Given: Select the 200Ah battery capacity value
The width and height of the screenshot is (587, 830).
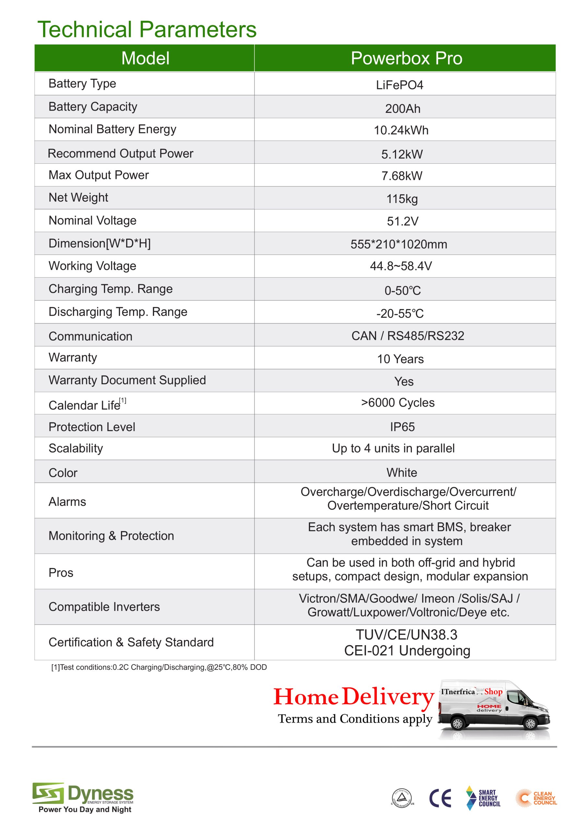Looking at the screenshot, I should pyautogui.click(x=402, y=108).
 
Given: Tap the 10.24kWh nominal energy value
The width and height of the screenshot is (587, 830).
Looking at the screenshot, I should pyautogui.click(x=401, y=130).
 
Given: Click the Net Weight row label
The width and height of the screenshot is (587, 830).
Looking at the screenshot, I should pyautogui.click(x=78, y=197).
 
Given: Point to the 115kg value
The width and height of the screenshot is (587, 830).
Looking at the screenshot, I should pyautogui.click(x=402, y=199).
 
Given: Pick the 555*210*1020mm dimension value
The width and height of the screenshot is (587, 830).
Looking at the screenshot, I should pyautogui.click(x=399, y=244).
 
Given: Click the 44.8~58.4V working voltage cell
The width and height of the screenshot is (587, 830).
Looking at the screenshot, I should pyautogui.click(x=401, y=266).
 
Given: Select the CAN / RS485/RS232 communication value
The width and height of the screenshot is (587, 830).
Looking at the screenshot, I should pyautogui.click(x=408, y=336).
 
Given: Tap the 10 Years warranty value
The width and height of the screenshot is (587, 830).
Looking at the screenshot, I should pyautogui.click(x=401, y=359).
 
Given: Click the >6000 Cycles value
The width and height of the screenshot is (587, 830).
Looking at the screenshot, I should pyautogui.click(x=398, y=403).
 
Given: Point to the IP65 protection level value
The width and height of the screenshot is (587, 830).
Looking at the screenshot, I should pyautogui.click(x=402, y=427).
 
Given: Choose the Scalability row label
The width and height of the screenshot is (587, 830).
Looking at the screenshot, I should pyautogui.click(x=76, y=448).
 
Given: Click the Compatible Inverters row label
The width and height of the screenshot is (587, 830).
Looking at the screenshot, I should pyautogui.click(x=104, y=607).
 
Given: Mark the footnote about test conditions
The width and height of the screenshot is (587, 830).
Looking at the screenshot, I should pyautogui.click(x=159, y=667).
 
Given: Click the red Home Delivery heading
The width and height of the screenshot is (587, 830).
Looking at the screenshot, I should pyautogui.click(x=353, y=697).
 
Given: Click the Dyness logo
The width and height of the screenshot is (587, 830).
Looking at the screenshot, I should pyautogui.click(x=83, y=796).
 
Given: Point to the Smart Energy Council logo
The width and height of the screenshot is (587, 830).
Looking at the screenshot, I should pyautogui.click(x=483, y=798).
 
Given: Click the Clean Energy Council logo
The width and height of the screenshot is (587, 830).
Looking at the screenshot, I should pyautogui.click(x=536, y=798).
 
